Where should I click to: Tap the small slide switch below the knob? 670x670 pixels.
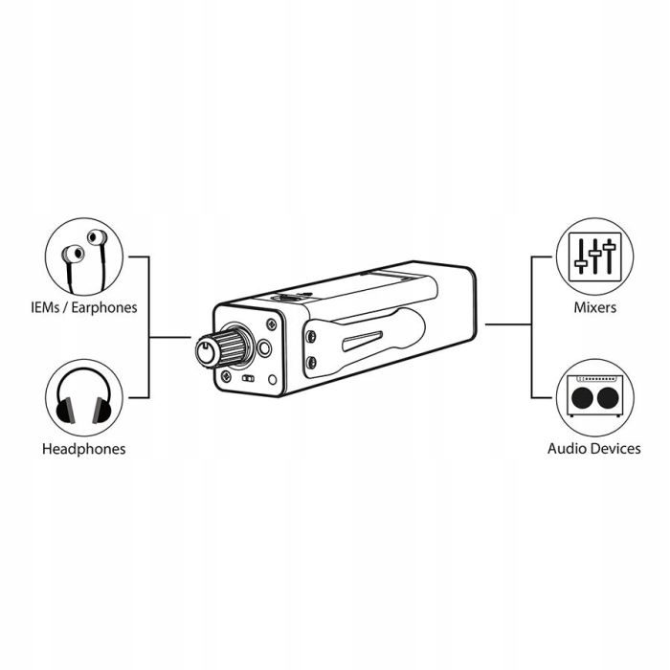[249, 379]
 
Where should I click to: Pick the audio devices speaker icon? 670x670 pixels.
[594, 395]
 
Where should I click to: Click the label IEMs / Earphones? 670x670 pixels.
[82, 308]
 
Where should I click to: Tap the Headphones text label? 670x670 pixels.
[83, 448]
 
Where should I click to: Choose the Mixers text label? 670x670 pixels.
[594, 308]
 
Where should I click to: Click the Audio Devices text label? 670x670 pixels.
[594, 448]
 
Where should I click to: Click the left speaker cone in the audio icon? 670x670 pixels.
[583, 398]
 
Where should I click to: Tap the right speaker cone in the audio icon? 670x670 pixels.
[607, 398]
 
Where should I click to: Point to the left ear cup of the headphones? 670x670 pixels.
[64, 412]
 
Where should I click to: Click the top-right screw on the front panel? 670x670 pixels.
[272, 323]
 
